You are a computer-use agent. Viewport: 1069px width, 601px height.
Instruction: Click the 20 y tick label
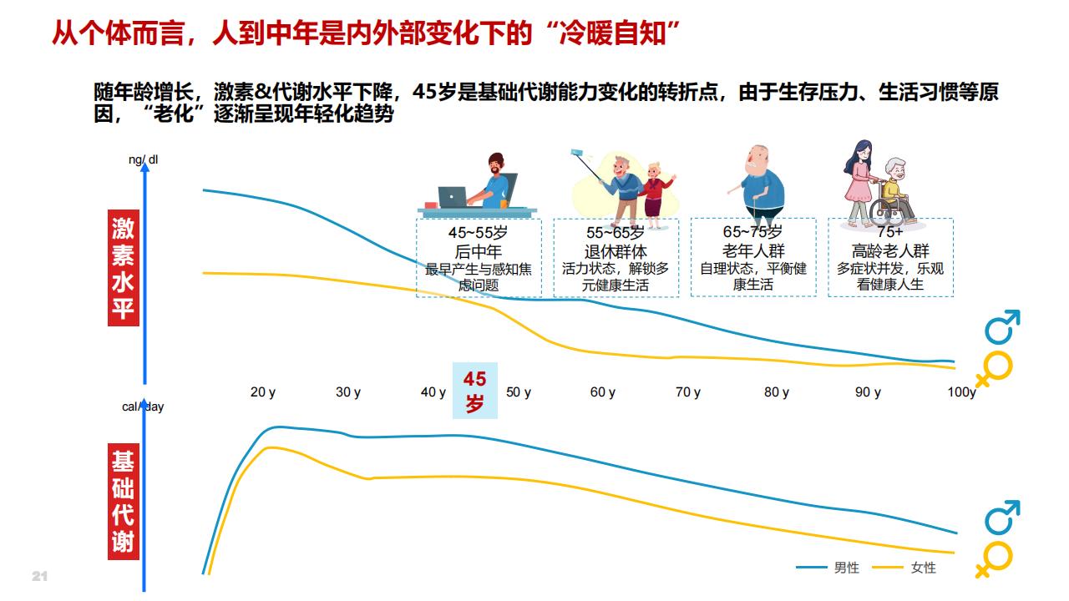coord(263,392)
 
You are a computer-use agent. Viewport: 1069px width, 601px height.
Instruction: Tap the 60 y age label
coord(603,392)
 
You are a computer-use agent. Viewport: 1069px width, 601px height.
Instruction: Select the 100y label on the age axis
coord(961,392)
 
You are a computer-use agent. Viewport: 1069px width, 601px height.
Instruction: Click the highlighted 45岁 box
coord(475,391)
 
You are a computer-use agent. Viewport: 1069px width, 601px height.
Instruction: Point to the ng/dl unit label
coord(143,159)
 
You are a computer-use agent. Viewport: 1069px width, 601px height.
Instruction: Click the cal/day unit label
coord(143,407)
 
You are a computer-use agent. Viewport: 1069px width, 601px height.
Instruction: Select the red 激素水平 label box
coord(124,268)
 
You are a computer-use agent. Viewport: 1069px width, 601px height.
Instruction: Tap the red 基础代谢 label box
coord(124,502)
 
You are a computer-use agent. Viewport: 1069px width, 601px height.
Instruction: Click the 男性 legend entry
coord(828,568)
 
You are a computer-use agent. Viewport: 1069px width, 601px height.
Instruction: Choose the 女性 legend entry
coord(904,568)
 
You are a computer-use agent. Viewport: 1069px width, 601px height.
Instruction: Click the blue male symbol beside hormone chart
coord(1002,327)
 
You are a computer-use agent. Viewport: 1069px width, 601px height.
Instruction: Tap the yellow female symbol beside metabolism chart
coord(995,559)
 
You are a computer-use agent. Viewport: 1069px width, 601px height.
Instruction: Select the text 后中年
coord(479,251)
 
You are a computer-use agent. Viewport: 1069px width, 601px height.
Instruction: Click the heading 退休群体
coord(616,251)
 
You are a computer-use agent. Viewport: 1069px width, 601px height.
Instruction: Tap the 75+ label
coord(890,232)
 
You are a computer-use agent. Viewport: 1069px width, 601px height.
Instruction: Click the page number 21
coord(39,576)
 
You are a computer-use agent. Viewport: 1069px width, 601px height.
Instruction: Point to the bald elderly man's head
coord(758,160)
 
